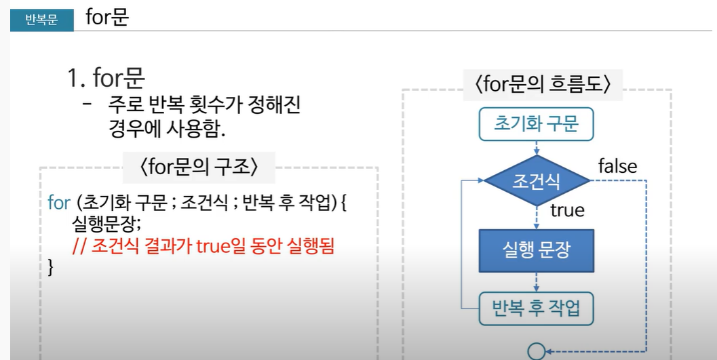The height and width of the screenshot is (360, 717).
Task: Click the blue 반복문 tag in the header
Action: [x=42, y=20]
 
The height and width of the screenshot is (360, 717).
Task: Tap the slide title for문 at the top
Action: [x=107, y=18]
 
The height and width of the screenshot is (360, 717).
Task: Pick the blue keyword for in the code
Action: [x=60, y=202]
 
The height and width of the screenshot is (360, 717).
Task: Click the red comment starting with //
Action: [x=204, y=245]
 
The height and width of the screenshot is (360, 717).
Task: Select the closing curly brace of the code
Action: [x=51, y=266]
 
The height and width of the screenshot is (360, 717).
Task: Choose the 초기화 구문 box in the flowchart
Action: [x=537, y=125]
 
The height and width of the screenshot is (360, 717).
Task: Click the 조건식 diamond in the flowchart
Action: [x=537, y=180]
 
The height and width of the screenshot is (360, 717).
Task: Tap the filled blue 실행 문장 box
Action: [x=537, y=250]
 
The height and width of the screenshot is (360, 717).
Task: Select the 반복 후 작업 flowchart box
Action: [x=537, y=309]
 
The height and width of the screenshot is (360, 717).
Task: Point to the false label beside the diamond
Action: [x=617, y=166]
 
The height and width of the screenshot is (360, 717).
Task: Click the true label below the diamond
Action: [x=567, y=210]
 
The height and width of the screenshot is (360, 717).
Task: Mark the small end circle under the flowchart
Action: [x=537, y=351]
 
